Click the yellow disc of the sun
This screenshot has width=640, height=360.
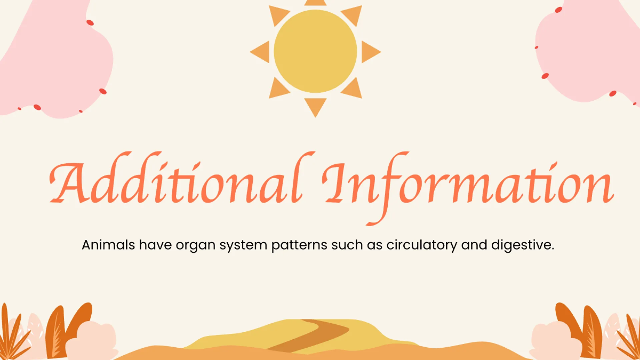click(x=315, y=51)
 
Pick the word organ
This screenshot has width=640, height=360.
click(x=188, y=247)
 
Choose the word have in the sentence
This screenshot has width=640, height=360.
click(x=153, y=246)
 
